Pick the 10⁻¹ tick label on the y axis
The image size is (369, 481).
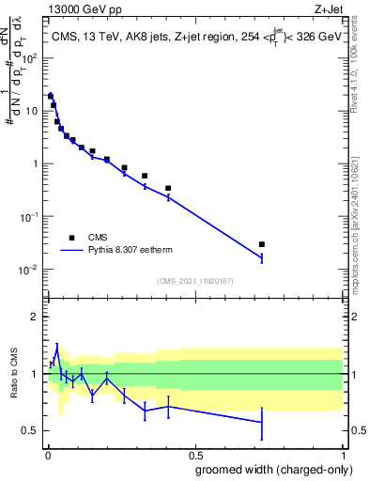27,216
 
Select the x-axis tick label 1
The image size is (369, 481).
343,454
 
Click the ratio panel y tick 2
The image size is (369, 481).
34,317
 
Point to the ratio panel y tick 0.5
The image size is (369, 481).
30,430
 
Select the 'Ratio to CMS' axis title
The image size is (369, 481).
12,373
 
